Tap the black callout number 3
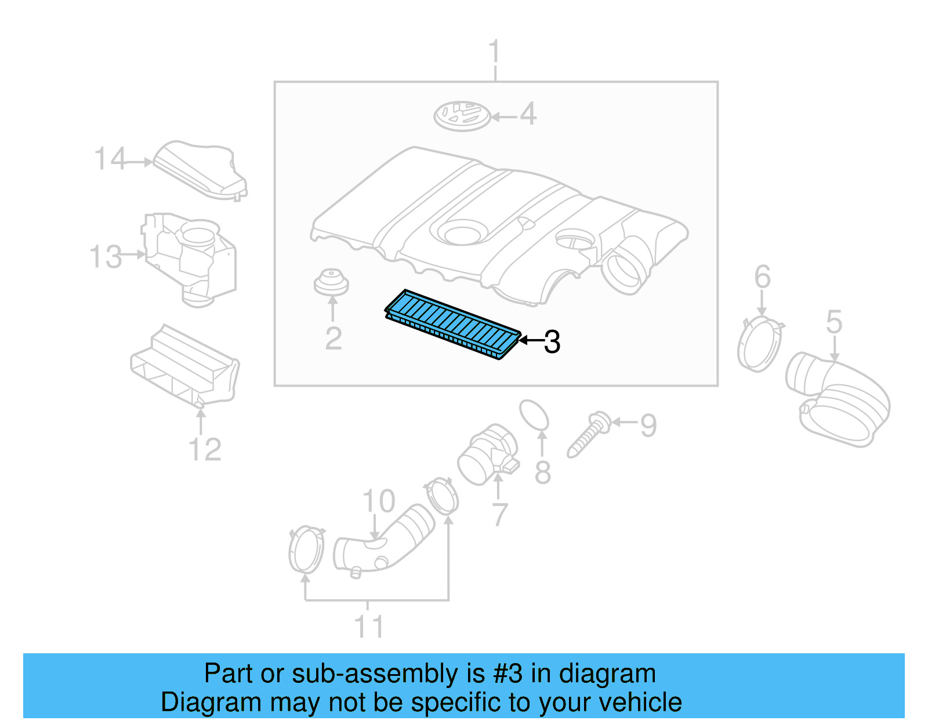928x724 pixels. click(x=552, y=342)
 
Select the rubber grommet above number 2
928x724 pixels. click(x=331, y=282)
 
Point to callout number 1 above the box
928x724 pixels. click(x=494, y=52)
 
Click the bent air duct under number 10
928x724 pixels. click(x=383, y=542)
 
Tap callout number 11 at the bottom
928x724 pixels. click(x=369, y=627)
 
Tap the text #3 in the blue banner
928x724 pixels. click(x=507, y=674)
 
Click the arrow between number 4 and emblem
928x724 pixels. click(x=503, y=117)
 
